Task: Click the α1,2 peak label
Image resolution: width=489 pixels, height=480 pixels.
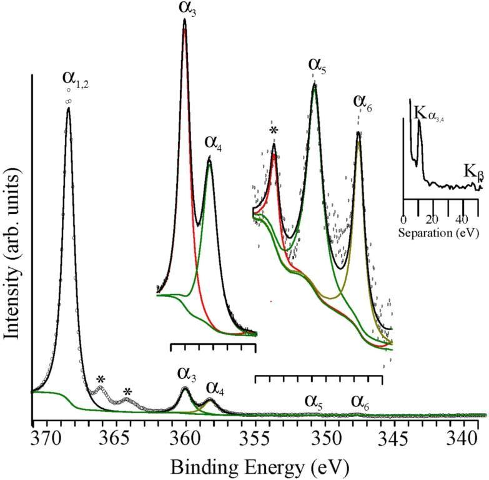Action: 75,79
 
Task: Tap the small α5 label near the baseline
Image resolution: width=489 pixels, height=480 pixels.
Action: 313,400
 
